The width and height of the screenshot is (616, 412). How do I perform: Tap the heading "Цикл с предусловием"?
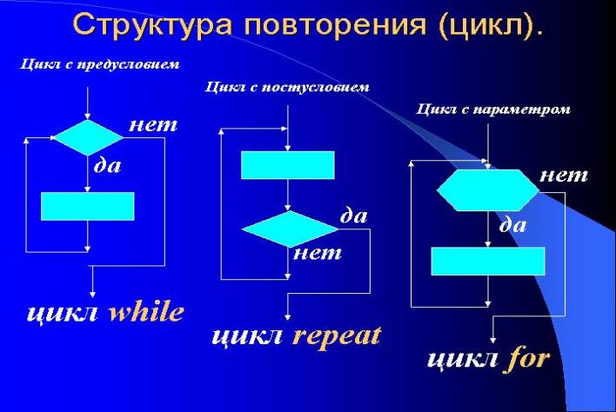(99, 63)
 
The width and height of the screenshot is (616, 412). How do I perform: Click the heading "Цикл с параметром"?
(493, 110)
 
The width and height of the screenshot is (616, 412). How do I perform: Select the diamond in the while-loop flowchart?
(89, 137)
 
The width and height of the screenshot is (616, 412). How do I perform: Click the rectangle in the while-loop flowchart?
(88, 206)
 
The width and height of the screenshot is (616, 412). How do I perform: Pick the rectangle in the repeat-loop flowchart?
(287, 165)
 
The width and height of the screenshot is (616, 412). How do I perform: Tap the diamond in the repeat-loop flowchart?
(289, 228)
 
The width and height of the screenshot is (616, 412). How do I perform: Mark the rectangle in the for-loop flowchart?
(488, 262)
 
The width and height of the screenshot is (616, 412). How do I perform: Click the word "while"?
(145, 312)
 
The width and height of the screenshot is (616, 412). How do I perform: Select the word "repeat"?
(337, 336)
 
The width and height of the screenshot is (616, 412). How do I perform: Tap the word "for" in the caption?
(527, 358)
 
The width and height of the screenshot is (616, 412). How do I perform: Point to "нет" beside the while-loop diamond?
(153, 125)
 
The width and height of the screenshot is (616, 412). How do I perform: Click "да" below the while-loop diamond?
(107, 163)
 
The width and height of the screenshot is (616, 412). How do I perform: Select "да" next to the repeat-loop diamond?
(353, 216)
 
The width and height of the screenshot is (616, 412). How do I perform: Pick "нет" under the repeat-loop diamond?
(318, 254)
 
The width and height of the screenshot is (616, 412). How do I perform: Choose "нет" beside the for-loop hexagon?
(564, 176)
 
